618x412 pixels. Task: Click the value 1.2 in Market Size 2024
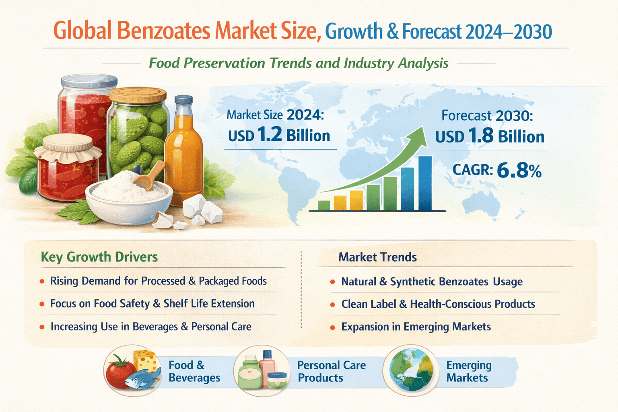(x=270, y=135)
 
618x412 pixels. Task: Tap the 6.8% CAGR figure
(x=519, y=170)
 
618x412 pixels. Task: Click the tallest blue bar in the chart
(x=425, y=183)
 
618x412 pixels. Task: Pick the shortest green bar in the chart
(x=324, y=205)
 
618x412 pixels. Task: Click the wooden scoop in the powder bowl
(x=149, y=175)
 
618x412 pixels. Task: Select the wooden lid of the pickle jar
(x=138, y=95)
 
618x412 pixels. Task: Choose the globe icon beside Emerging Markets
(x=411, y=370)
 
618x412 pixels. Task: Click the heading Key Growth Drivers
(x=99, y=257)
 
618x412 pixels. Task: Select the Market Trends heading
(x=377, y=257)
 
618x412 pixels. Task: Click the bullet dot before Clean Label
(x=333, y=305)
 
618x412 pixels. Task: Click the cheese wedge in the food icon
(x=145, y=360)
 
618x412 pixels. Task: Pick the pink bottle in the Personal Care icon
(x=267, y=369)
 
